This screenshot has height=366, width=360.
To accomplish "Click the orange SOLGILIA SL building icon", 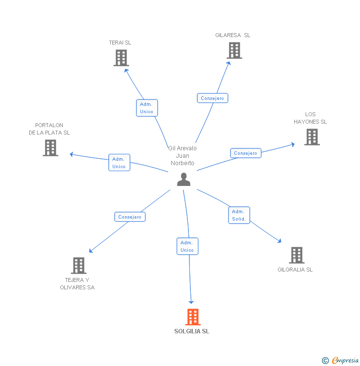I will (193, 317).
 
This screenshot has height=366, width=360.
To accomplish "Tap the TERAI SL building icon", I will (121, 58).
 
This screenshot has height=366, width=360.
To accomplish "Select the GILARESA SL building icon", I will (234, 50).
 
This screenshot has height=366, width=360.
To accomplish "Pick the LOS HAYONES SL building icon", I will (312, 137).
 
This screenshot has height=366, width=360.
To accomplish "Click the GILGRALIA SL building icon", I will (297, 255).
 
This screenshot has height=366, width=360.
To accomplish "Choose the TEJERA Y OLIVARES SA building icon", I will (79, 266).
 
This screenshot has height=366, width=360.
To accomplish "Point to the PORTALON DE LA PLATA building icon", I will (50, 148).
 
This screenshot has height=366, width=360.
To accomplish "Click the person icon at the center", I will (183, 180).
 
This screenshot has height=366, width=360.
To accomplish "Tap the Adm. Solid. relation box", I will (239, 215).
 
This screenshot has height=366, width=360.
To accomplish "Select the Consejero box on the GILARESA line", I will (212, 98).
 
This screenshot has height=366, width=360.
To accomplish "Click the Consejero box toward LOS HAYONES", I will (246, 153).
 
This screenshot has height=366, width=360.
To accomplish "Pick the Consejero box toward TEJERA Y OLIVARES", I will (130, 217).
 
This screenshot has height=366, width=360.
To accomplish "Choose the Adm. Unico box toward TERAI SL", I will (147, 108).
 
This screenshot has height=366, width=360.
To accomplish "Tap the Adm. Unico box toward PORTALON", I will (119, 163).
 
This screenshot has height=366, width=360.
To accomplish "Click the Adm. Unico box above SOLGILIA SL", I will (187, 246).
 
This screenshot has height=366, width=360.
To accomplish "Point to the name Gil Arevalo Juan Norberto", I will (182, 155).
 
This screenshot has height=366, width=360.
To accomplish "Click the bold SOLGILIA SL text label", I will (192, 331).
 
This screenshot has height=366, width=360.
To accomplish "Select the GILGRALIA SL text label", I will (295, 270).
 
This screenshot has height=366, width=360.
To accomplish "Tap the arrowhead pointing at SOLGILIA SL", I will (191, 301).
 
